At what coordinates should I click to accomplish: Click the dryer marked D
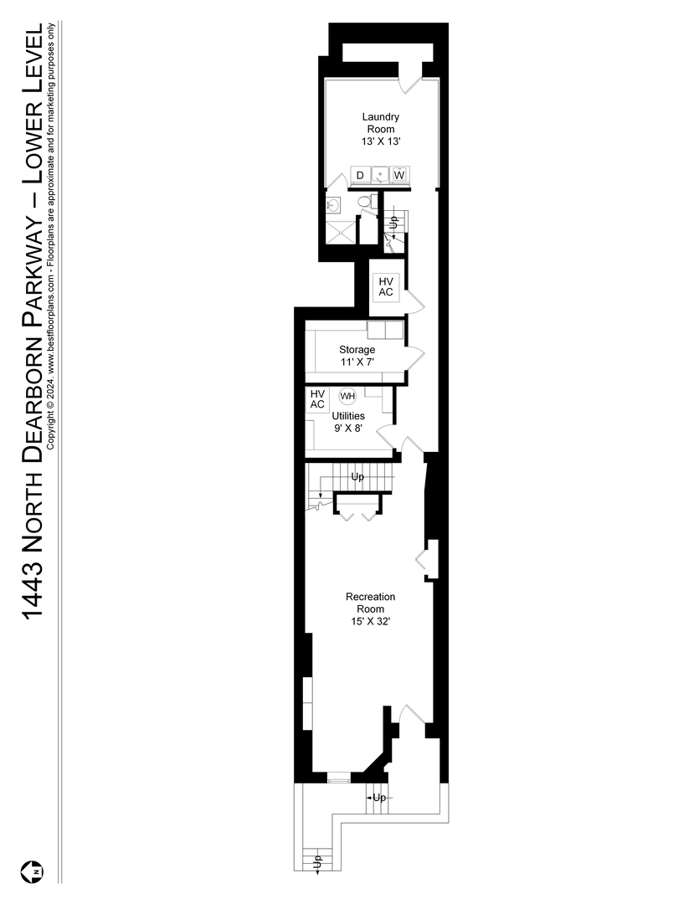coord(360,175)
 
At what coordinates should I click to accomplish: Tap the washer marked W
coord(399,175)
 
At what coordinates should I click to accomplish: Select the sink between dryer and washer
coord(380,175)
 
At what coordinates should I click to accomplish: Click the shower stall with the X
coord(338,231)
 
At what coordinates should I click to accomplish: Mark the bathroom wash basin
coord(333,205)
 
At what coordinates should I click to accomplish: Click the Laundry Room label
coord(381,123)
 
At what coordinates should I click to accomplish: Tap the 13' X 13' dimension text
coord(381,143)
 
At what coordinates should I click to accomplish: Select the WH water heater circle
coord(347,396)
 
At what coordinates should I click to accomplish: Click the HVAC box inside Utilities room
coord(317,399)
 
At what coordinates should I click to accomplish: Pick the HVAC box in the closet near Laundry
coord(385,286)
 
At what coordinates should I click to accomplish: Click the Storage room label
coord(357,350)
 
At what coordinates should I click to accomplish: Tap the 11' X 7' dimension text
coord(357,362)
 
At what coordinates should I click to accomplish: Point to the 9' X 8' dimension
coord(347,428)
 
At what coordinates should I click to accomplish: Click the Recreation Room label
coord(370,603)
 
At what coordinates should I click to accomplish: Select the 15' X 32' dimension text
coord(370,622)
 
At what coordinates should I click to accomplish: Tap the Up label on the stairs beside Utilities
coord(357,478)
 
